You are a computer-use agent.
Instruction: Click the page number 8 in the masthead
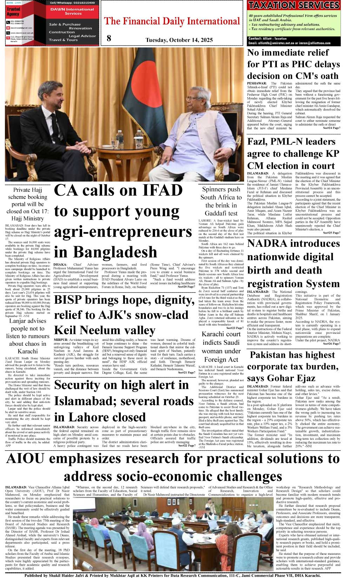109,38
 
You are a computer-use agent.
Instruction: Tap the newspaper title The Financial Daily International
172,21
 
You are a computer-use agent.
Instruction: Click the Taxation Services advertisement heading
294,5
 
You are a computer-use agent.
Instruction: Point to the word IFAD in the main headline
162,190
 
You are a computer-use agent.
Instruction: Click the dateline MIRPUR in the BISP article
61,340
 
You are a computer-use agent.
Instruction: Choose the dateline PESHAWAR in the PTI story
256,83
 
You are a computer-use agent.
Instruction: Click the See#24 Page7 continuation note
331,128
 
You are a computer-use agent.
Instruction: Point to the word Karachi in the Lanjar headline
28,351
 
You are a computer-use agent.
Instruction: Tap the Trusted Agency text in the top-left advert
13,12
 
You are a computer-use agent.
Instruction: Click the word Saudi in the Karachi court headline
231,343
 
